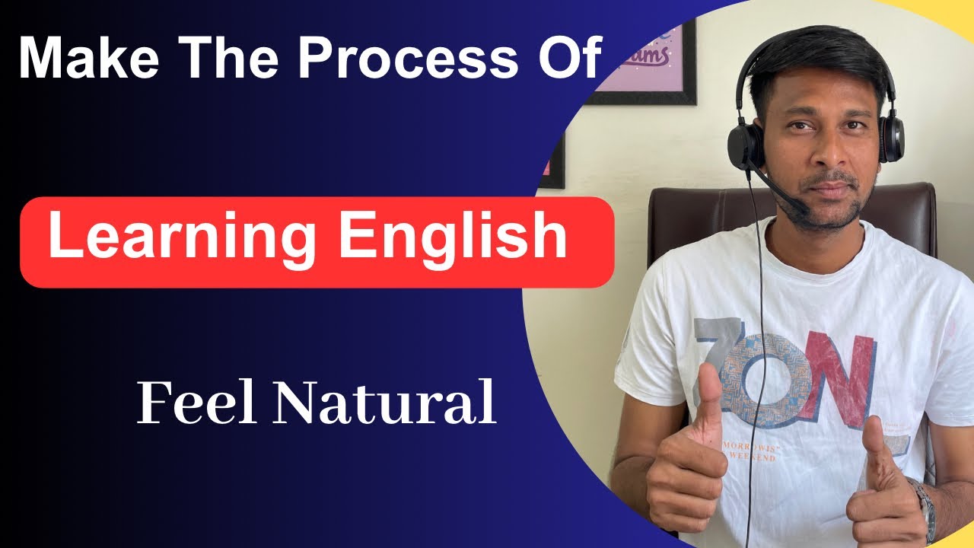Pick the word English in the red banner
click(453, 237)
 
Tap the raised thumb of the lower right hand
click(874, 441)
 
